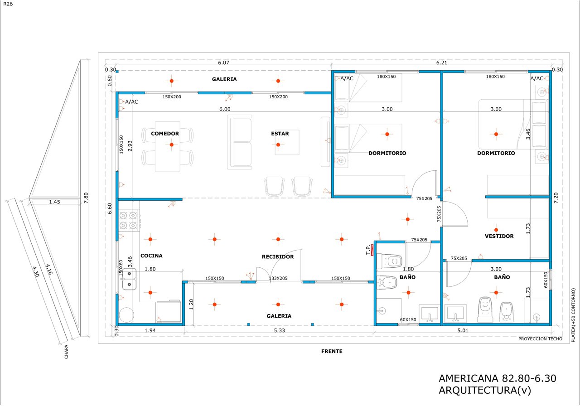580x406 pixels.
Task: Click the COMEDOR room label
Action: click(165, 134)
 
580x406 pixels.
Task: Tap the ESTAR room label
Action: click(280, 134)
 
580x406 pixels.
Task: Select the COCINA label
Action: click(151, 256)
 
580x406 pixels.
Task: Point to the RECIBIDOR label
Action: click(278, 257)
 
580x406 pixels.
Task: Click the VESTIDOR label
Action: click(499, 236)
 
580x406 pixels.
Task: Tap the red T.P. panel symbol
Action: click(372, 250)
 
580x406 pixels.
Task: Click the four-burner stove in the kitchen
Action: click(128, 220)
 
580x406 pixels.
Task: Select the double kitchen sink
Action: click(129, 279)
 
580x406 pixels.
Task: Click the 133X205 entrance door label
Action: click(278, 278)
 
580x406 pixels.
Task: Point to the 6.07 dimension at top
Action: click(223, 63)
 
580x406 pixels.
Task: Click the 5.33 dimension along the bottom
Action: click(280, 330)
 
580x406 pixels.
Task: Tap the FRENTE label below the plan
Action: click(332, 351)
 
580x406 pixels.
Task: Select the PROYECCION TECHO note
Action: click(540, 339)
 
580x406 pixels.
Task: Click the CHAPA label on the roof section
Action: click(66, 352)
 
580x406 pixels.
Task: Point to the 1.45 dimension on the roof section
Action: click(55, 202)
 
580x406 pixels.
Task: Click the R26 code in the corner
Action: click(8, 4)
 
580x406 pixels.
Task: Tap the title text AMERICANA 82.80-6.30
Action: click(498, 378)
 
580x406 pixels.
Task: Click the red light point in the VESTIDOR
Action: click(496, 230)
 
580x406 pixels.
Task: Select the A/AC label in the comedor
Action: click(131, 102)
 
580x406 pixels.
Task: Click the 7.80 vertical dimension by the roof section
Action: click(86, 198)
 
